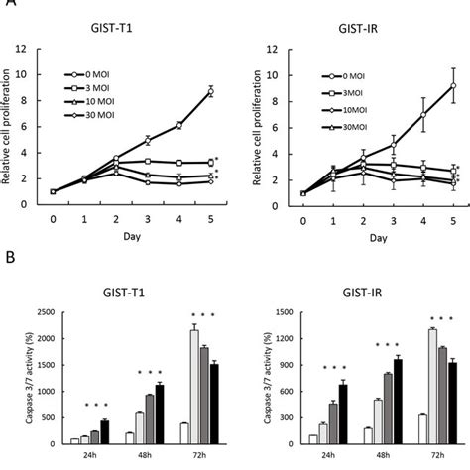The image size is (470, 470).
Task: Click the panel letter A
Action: pos(11,6)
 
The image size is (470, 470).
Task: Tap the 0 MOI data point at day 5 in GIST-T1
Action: pos(209,91)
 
